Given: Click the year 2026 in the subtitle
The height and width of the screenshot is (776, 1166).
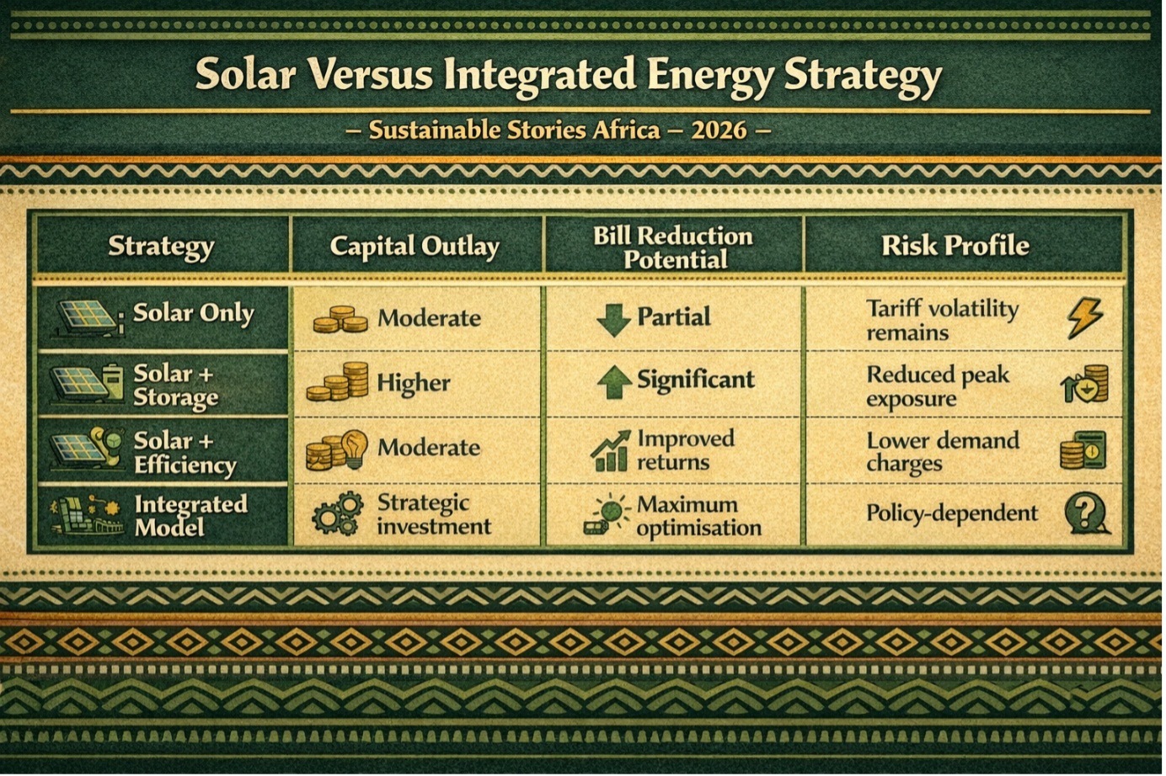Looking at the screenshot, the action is pyautogui.click(x=719, y=130).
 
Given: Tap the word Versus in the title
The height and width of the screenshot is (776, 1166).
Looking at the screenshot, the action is pyautogui.click(x=372, y=74).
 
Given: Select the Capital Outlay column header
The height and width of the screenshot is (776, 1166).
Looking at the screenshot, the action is pyautogui.click(x=415, y=246).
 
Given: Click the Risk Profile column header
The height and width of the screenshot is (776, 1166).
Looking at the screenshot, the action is pyautogui.click(x=955, y=245).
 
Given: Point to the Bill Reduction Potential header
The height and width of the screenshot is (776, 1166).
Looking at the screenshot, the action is pyautogui.click(x=674, y=247).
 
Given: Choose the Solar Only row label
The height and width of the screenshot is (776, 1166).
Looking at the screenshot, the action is pyautogui.click(x=194, y=313).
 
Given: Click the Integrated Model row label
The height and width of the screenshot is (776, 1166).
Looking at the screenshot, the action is pyautogui.click(x=190, y=515).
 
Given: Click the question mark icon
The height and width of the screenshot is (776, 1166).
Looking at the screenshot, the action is pyautogui.click(x=1086, y=513).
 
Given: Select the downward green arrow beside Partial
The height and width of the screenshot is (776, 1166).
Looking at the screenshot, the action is pyautogui.click(x=613, y=319).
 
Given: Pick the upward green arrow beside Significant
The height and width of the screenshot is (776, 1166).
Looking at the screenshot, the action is pyautogui.click(x=614, y=382).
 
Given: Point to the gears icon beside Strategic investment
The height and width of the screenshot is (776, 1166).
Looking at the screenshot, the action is pyautogui.click(x=338, y=514).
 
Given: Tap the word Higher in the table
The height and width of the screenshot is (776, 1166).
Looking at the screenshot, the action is pyautogui.click(x=414, y=383).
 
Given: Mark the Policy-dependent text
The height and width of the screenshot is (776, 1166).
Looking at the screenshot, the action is pyautogui.click(x=952, y=513).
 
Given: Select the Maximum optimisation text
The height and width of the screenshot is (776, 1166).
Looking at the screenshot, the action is pyautogui.click(x=698, y=515).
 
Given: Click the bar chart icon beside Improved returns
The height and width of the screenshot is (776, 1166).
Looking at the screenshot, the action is pyautogui.click(x=610, y=451).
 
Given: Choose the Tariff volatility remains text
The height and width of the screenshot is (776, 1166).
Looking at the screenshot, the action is pyautogui.click(x=942, y=320).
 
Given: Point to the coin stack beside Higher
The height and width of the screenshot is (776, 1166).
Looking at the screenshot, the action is pyautogui.click(x=337, y=382).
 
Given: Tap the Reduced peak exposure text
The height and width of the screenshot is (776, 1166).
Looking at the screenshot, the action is pyautogui.click(x=938, y=386).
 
